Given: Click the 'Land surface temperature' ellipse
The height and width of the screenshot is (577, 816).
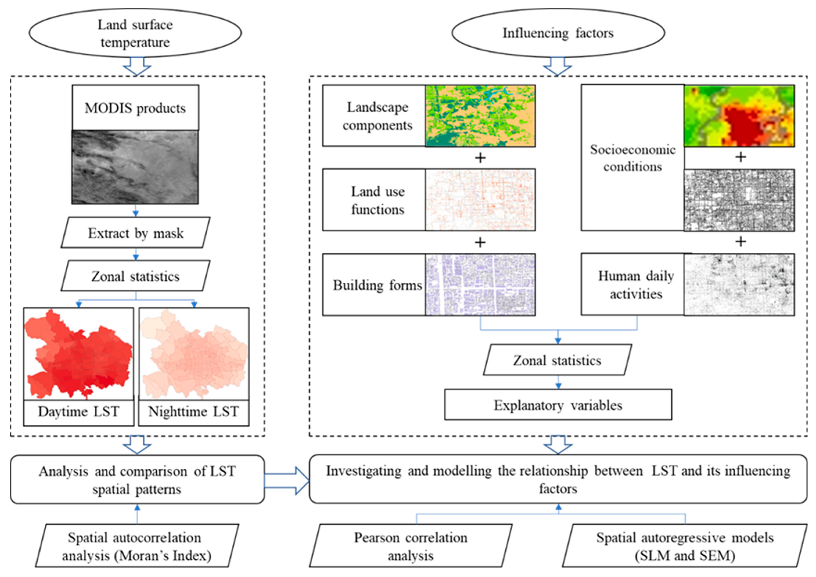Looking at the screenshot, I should [x=135, y=33].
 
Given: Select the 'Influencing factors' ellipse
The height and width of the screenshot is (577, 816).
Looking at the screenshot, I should [x=558, y=33].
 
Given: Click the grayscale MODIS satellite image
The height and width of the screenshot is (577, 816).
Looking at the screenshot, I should [x=135, y=167].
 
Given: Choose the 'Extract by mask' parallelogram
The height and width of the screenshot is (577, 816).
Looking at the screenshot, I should [x=135, y=233].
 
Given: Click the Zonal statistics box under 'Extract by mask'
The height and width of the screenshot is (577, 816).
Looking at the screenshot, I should [x=135, y=276].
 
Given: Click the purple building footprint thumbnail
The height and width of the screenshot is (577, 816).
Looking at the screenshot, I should [x=480, y=285].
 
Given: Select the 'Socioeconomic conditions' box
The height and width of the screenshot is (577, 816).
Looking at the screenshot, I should [x=633, y=158].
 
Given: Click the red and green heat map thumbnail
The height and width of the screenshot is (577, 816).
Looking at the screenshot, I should [x=739, y=116].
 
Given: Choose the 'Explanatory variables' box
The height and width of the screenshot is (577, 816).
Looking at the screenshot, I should [x=558, y=405].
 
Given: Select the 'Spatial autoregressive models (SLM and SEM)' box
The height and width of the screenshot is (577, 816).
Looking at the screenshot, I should [x=684, y=546].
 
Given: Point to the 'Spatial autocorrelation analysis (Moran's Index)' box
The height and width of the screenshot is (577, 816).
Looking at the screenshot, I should [x=137, y=546].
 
